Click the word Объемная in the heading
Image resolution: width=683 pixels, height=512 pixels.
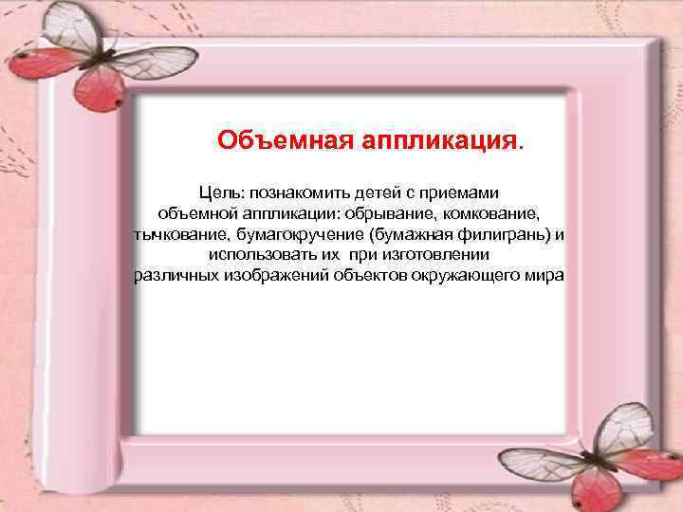tap(284, 141)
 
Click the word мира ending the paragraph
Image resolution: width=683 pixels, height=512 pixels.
tap(545, 276)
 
